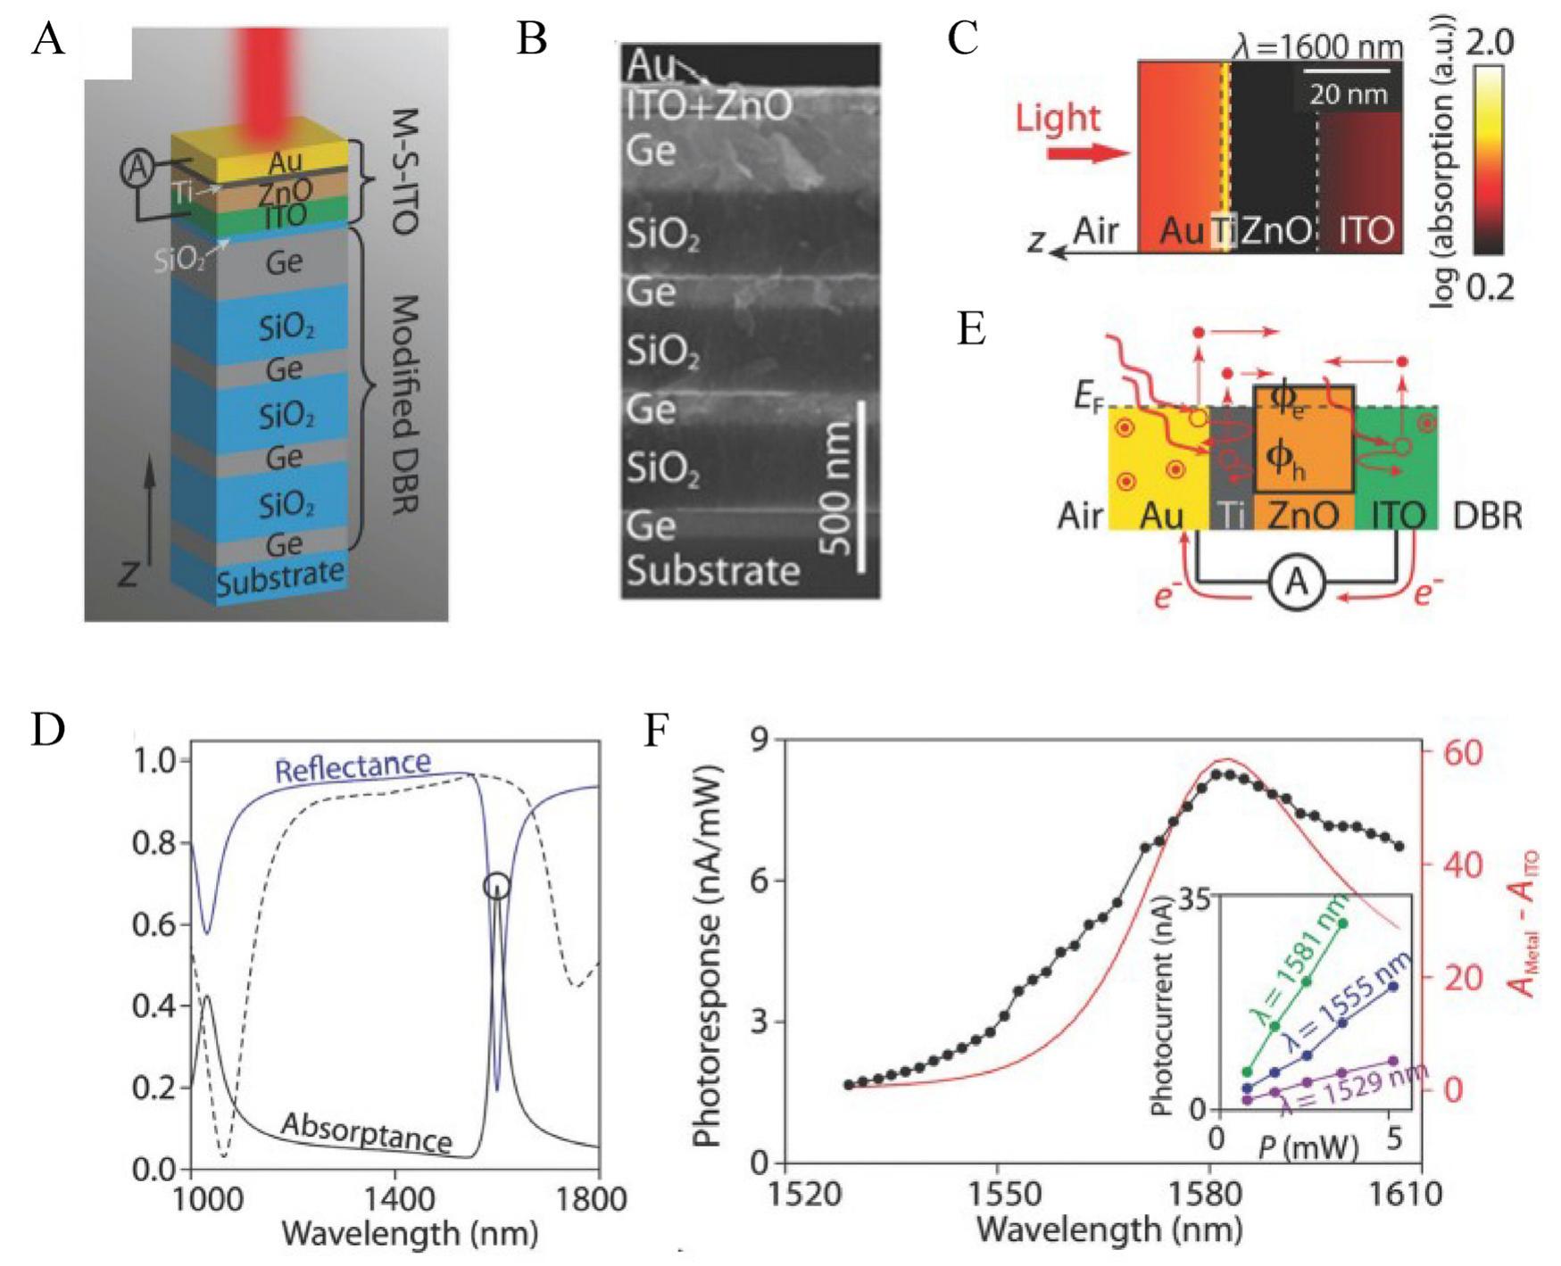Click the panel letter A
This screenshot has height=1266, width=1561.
pyautogui.click(x=47, y=39)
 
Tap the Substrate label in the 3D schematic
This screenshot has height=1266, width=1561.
pyautogui.click(x=279, y=577)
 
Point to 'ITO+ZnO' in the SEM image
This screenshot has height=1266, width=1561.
pyautogui.click(x=709, y=106)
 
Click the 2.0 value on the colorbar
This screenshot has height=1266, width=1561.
pyautogui.click(x=1489, y=43)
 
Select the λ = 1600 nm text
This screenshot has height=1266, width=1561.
pyautogui.click(x=1317, y=46)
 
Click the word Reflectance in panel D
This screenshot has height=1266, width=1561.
pyautogui.click(x=353, y=765)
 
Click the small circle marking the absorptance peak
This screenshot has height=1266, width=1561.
pyautogui.click(x=497, y=886)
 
